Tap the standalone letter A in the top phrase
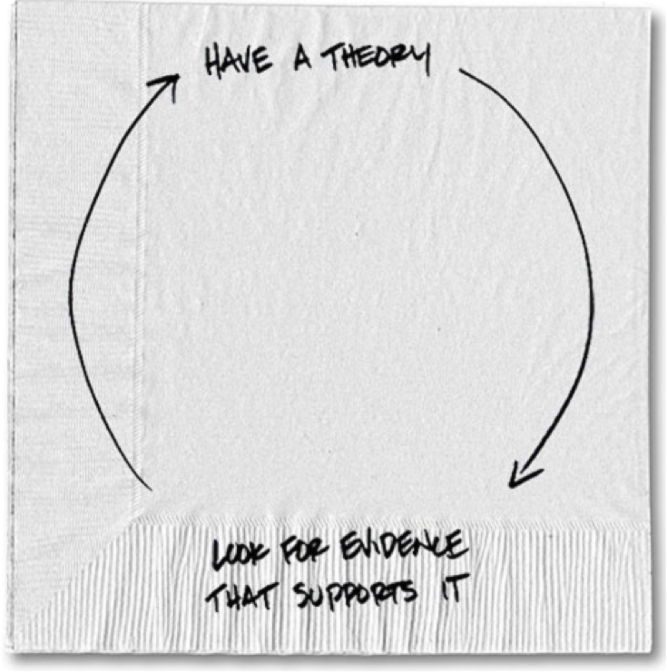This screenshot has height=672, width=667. pyautogui.click(x=303, y=60)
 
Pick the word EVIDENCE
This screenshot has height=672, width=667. pyautogui.click(x=402, y=546)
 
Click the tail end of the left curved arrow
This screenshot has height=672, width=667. pyautogui.click(x=152, y=490)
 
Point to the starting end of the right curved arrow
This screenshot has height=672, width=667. pyautogui.click(x=460, y=70)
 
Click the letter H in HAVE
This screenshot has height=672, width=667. pyautogui.click(x=214, y=63)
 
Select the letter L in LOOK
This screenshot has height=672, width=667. pyautogui.click(x=220, y=555)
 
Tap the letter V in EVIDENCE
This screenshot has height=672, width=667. pyautogui.click(x=364, y=547)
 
